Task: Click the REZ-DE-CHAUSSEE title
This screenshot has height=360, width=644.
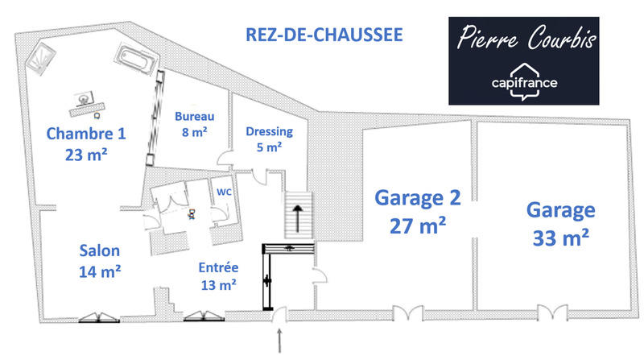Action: point(324,35)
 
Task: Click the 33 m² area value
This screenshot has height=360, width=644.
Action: point(560,238)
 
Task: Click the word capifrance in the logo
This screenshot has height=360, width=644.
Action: point(524,82)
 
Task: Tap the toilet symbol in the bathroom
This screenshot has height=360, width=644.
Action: point(192,214)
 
